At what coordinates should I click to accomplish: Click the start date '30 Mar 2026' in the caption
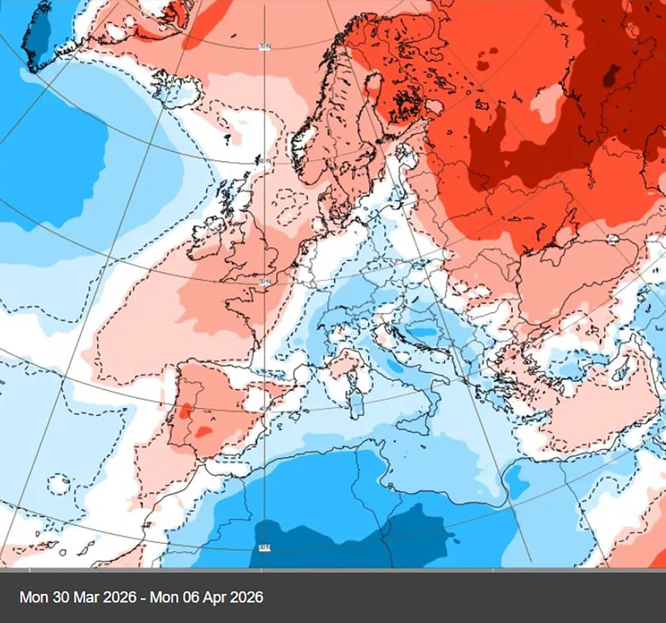pyautogui.click(x=94, y=597)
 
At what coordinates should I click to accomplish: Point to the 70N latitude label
pyautogui.click(x=265, y=47)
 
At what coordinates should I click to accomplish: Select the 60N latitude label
pyautogui.click(x=264, y=161)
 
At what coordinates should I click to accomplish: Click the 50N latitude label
pyautogui.click(x=265, y=282)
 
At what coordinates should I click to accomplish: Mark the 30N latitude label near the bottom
pyautogui.click(x=265, y=548)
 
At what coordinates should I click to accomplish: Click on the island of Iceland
pyautogui.click(x=175, y=89)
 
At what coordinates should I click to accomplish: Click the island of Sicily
pyautogui.click(x=413, y=425)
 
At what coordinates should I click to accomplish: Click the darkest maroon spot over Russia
pyautogui.click(x=613, y=75)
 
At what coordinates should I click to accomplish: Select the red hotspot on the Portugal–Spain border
pyautogui.click(x=185, y=411)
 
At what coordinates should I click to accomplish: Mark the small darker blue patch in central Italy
pyautogui.click(x=395, y=366)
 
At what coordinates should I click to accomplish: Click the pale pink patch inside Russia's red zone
pyautogui.click(x=547, y=103)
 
